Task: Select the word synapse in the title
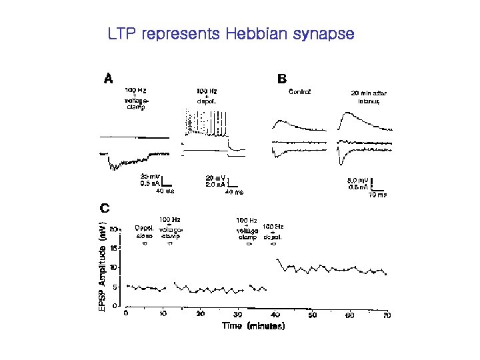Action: (326, 34)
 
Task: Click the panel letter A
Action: (108, 78)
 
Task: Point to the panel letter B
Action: (282, 78)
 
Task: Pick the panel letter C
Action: (105, 208)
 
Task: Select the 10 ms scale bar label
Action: (377, 195)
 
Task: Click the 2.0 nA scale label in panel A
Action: (215, 185)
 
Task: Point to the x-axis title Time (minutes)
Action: (253, 326)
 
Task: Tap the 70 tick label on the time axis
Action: (387, 315)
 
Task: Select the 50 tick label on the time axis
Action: (313, 315)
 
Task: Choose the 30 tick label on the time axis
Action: (238, 315)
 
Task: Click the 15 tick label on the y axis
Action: (114, 248)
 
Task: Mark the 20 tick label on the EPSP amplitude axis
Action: (114, 229)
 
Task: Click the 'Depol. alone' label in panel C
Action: (144, 231)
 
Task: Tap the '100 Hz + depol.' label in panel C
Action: (273, 229)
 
